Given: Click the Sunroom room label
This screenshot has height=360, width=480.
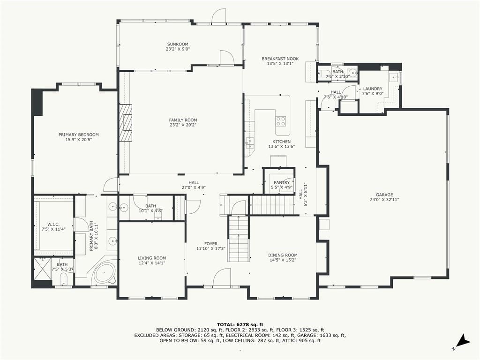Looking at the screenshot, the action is (x=178, y=44).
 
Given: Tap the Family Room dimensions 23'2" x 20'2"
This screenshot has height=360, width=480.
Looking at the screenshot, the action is (x=183, y=125).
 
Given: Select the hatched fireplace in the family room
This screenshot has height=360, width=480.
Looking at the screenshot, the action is (x=126, y=123).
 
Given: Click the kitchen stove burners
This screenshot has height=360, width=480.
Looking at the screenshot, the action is (x=281, y=121).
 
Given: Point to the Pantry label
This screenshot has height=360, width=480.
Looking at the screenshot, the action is (x=282, y=182).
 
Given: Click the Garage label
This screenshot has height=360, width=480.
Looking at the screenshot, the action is (x=384, y=195).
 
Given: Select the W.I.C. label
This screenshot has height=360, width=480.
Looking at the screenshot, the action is (x=53, y=224).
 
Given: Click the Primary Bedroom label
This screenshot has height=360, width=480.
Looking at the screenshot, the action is (x=79, y=135).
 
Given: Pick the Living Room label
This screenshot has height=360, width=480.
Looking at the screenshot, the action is (x=152, y=258).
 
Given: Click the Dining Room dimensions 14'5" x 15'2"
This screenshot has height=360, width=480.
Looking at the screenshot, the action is (x=283, y=260).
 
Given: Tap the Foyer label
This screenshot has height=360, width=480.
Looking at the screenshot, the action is (x=211, y=244).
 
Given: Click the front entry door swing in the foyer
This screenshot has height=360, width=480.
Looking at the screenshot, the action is (x=222, y=278).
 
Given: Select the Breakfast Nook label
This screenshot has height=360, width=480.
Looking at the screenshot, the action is (x=280, y=59).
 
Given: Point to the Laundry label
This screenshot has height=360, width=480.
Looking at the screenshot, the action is (x=373, y=89).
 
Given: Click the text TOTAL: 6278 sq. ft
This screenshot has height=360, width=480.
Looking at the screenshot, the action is (x=240, y=324).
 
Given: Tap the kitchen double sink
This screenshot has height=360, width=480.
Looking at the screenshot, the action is (x=250, y=143).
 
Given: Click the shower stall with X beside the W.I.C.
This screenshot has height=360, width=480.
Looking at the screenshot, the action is (x=43, y=269).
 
